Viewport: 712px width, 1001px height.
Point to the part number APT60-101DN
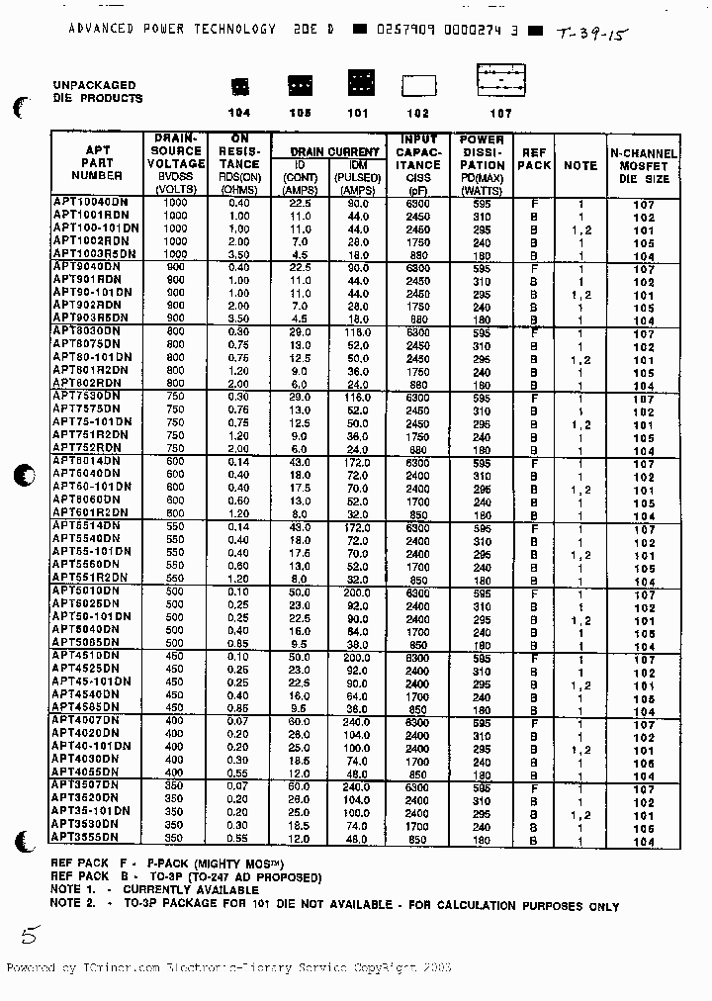pyautogui.click(x=91, y=487)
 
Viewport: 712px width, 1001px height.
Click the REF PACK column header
pyautogui.click(x=534, y=159)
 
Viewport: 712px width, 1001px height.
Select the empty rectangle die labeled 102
pyautogui.click(x=418, y=86)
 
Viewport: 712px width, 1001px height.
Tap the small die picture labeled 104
pyautogui.click(x=238, y=86)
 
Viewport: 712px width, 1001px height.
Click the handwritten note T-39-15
pyautogui.click(x=591, y=33)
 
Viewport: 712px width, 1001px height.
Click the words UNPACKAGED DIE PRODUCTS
pyautogui.click(x=97, y=92)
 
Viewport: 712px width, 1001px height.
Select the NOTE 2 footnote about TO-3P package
pyautogui.click(x=334, y=904)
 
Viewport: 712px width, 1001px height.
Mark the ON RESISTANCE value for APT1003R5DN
pyautogui.click(x=238, y=253)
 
